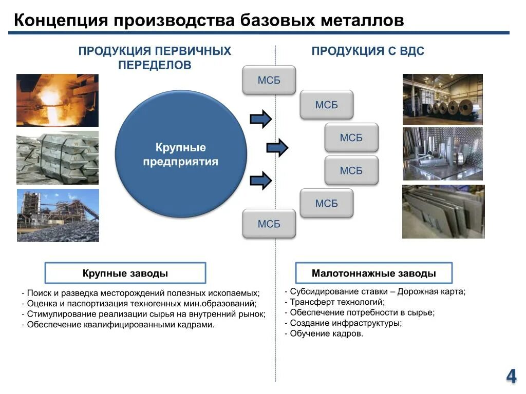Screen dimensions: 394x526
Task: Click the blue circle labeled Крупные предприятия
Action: [x=181, y=154]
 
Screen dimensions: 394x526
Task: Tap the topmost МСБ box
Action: [x=269, y=81]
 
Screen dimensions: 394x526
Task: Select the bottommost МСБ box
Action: [x=269, y=224]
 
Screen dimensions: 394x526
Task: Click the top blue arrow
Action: [x=260, y=119]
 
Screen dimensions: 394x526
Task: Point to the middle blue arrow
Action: [x=277, y=148]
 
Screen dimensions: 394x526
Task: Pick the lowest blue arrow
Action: [x=260, y=180]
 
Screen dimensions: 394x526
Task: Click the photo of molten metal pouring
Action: [x=58, y=101]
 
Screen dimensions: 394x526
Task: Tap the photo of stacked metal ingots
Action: [x=58, y=158]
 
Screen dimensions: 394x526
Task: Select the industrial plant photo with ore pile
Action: [x=58, y=215]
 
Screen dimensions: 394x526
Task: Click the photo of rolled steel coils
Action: [x=442, y=100]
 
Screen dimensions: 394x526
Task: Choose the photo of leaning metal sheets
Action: [x=443, y=212]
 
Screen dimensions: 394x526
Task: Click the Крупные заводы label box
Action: [x=125, y=273]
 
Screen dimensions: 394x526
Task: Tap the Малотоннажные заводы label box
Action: [x=373, y=273]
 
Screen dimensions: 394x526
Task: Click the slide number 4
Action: [x=511, y=376]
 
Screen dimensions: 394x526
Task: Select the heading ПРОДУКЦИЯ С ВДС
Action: [x=368, y=51]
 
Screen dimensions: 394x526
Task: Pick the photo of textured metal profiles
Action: [x=442, y=154]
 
